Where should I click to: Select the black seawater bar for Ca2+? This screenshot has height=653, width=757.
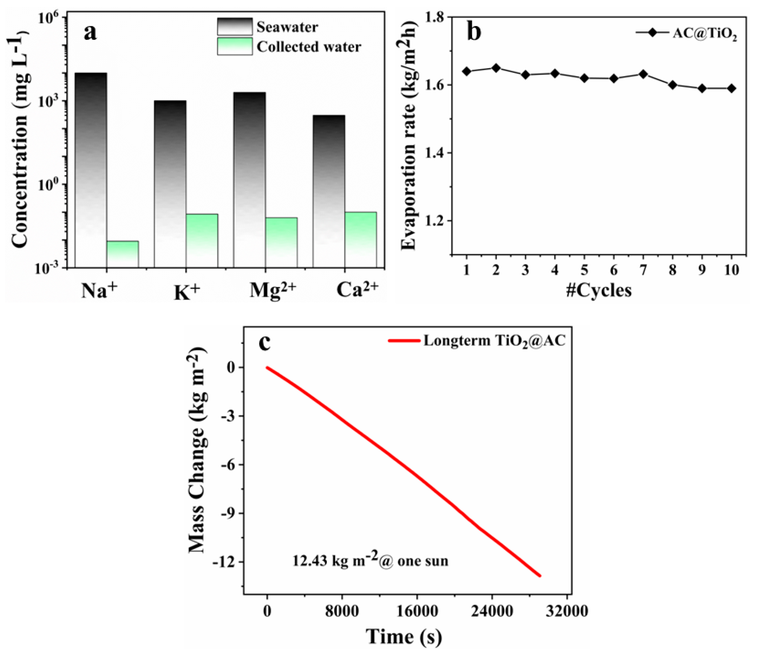pos(329,190)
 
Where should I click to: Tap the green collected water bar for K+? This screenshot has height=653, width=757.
pos(202,240)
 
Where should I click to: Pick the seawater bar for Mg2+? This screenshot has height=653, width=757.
pos(249,179)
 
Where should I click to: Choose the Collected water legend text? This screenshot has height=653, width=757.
pos(309,47)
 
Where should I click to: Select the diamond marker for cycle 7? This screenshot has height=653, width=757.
pos(643,74)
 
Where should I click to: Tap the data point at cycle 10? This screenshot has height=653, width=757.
pos(731,89)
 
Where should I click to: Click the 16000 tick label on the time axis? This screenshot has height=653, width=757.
pos(417,611)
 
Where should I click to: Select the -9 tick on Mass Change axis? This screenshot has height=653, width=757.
pos(229,513)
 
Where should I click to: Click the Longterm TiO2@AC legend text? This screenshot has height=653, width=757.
pos(494,341)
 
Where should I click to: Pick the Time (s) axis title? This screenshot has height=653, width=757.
pos(404,637)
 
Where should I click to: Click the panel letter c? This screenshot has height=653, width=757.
pos(264,342)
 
